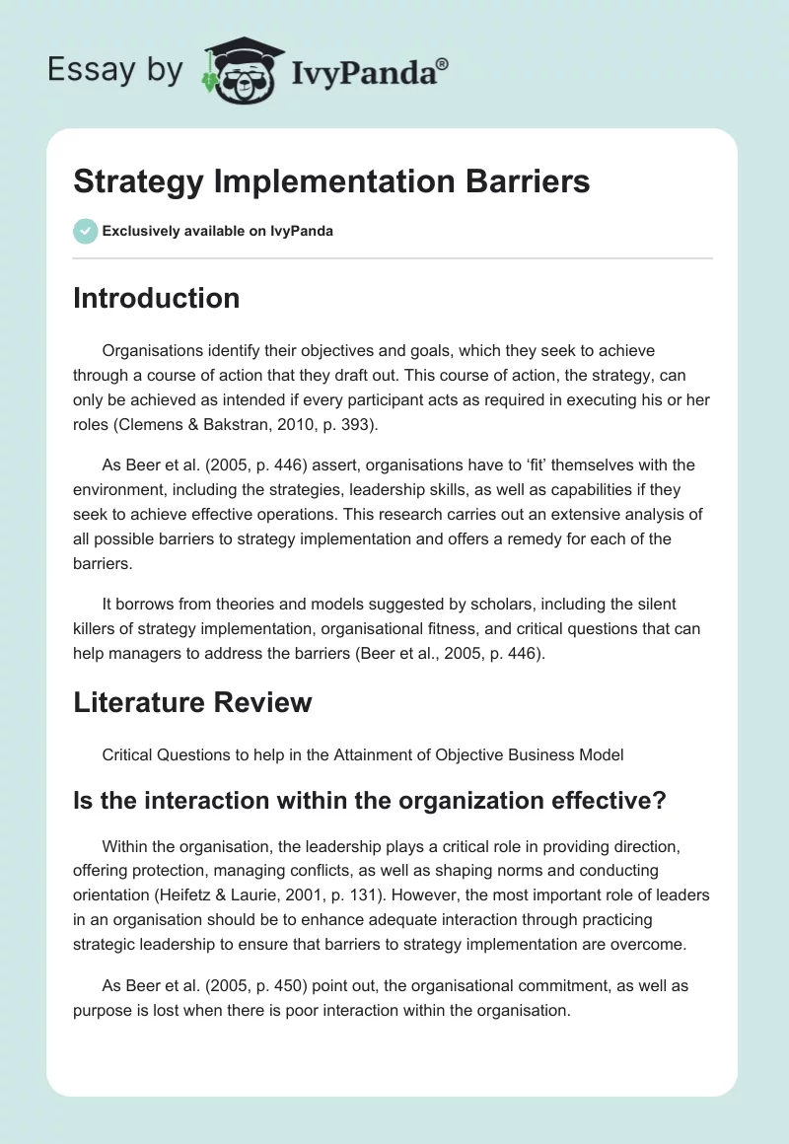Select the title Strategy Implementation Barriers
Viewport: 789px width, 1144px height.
click(x=331, y=181)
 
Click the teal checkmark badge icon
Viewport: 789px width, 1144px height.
click(x=85, y=231)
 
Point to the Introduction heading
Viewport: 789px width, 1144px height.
click(x=156, y=298)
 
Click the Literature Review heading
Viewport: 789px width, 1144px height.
click(x=192, y=701)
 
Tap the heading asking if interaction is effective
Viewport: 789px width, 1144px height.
click(x=370, y=801)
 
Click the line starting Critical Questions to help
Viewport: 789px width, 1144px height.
click(x=362, y=754)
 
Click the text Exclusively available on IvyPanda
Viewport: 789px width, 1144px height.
click(x=217, y=231)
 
